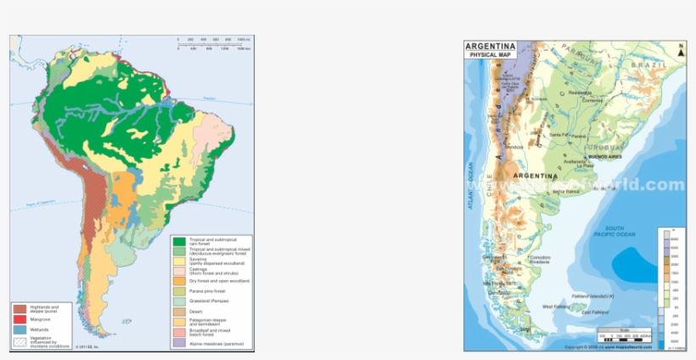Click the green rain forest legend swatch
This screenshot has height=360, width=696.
pyautogui.click(x=179, y=241)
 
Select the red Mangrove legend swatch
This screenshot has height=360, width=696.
pyautogui.click(x=18, y=319)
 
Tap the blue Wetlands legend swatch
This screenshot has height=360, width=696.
pyautogui.click(x=18, y=329)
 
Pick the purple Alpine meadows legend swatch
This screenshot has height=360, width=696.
pyautogui.click(x=179, y=344)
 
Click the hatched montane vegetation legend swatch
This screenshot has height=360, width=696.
pyautogui.click(x=18, y=340)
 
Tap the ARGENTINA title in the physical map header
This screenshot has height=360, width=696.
pyautogui.click(x=491, y=47)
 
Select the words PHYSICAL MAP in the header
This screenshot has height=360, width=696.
pyautogui.click(x=491, y=55)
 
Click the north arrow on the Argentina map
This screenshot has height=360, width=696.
pyautogui.click(x=680, y=50)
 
